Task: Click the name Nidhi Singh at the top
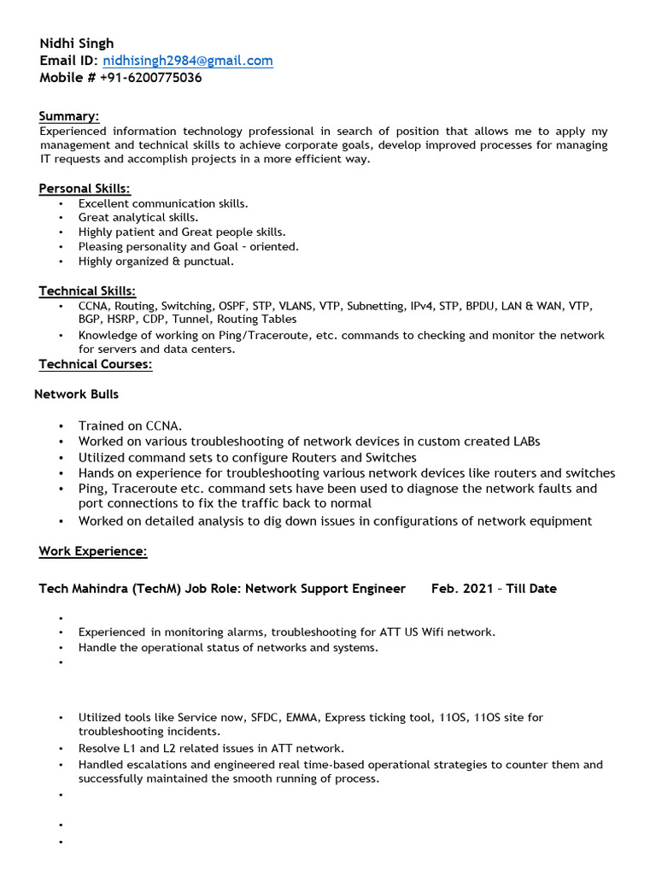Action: pyautogui.click(x=76, y=44)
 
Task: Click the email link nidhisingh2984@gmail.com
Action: pyautogui.click(x=188, y=61)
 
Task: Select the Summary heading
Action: pyautogui.click(x=69, y=116)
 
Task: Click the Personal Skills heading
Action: pyautogui.click(x=85, y=189)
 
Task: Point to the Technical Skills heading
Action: pyautogui.click(x=87, y=291)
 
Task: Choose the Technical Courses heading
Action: pyautogui.click(x=96, y=365)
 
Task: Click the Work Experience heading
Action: pyautogui.click(x=93, y=552)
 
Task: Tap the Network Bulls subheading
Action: pyautogui.click(x=77, y=395)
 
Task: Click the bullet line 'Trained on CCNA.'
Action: pyautogui.click(x=131, y=426)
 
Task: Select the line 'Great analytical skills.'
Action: pyautogui.click(x=138, y=218)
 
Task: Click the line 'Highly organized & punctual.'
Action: pyautogui.click(x=155, y=261)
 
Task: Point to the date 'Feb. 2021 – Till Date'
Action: pyautogui.click(x=494, y=589)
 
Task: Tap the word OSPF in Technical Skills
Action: pyautogui.click(x=229, y=306)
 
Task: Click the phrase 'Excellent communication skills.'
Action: pyautogui.click(x=163, y=203)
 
